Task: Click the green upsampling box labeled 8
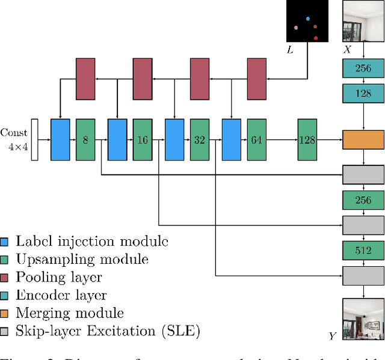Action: click(x=85, y=140)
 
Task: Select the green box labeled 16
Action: click(x=143, y=140)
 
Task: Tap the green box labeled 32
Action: click(x=200, y=140)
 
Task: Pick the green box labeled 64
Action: click(x=257, y=140)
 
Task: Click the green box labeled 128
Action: click(x=307, y=140)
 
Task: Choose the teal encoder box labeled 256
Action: click(x=363, y=68)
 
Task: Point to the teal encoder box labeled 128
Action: click(x=363, y=94)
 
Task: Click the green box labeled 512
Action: click(x=363, y=251)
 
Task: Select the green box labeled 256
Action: click(x=363, y=200)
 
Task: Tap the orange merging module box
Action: click(x=363, y=139)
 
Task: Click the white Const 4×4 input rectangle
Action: click(x=34, y=140)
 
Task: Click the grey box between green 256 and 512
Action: click(x=363, y=225)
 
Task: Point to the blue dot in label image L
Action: click(x=308, y=19)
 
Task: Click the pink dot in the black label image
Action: click(x=295, y=27)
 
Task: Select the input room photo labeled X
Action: click(x=363, y=20)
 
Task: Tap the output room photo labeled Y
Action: click(x=363, y=318)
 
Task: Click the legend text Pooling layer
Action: click(x=58, y=277)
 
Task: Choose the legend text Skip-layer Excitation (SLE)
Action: click(x=108, y=331)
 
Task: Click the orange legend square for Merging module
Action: click(x=5, y=313)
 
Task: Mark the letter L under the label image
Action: click(x=290, y=50)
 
